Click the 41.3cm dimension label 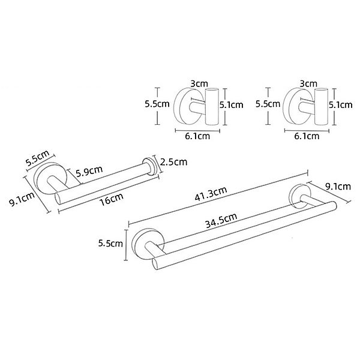211,194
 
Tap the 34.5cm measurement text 221,220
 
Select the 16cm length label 112,200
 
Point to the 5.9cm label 89,170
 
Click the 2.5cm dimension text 173,162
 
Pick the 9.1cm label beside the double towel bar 338,186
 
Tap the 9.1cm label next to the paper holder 22,199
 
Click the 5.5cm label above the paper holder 37,158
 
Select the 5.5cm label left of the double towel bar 110,243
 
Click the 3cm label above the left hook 199,83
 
